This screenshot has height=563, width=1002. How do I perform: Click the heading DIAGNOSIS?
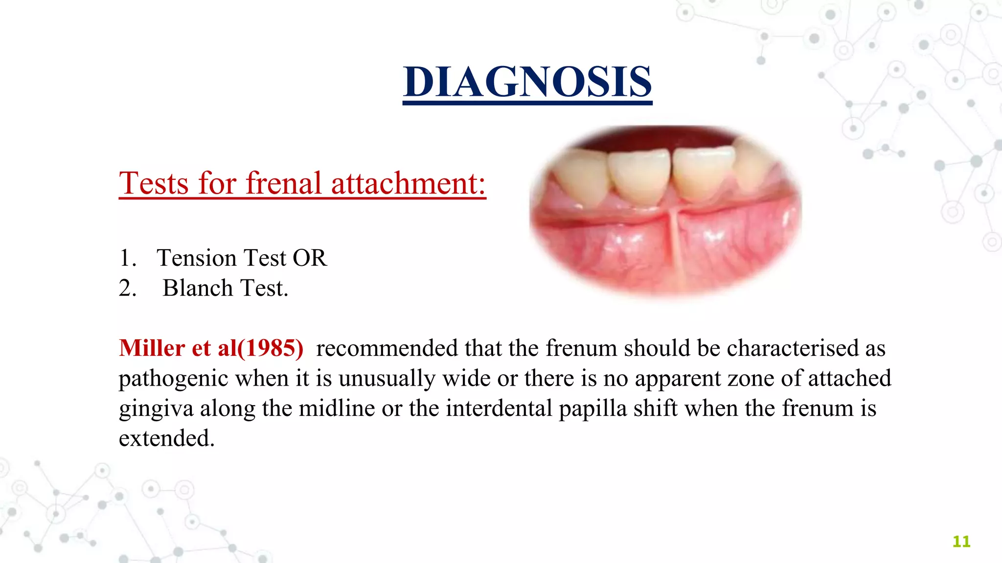coord(527,82)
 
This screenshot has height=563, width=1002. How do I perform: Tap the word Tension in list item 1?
coord(197,258)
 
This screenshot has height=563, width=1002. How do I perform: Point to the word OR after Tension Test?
coord(310,258)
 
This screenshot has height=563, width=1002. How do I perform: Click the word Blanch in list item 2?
coord(197,288)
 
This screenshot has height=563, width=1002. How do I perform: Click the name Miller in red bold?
coord(152,348)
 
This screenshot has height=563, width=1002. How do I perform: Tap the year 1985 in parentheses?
coord(270,348)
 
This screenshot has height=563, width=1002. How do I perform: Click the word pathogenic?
coord(173,379)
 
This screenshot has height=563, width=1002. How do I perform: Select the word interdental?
coord(499,408)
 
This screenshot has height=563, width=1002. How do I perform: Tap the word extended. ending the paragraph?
coord(166,438)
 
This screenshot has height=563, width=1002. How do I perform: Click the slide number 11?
coord(961,541)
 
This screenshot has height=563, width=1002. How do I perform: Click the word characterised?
coord(793,348)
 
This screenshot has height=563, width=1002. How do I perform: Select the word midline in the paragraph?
coord(337,408)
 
